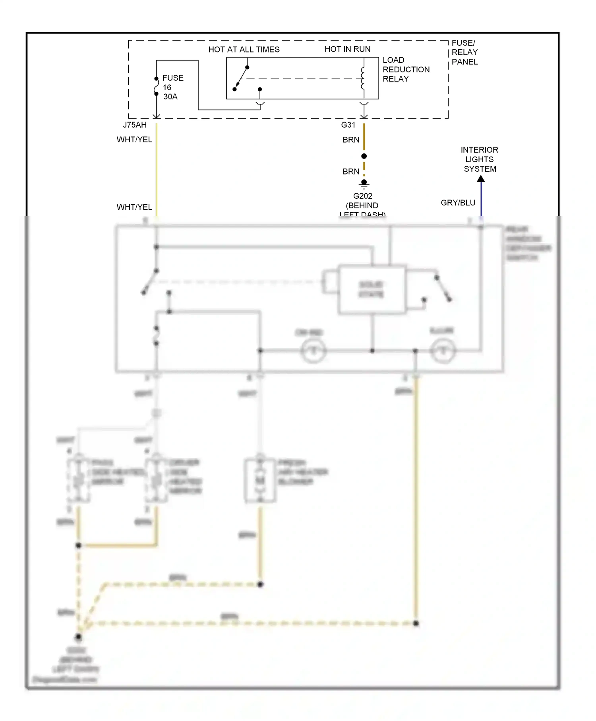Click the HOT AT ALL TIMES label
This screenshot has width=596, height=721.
coord(244,49)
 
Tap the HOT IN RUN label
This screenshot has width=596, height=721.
coord(347,49)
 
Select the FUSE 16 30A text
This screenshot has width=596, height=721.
coord(172,87)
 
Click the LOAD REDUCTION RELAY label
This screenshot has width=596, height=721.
coord(405,70)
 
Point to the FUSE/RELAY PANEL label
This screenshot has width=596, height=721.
coord(464,52)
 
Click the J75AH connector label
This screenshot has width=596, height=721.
coord(135,125)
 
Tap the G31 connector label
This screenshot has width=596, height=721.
coord(348,125)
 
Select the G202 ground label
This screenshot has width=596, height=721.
coord(362,196)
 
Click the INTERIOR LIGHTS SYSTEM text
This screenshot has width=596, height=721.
coord(479,159)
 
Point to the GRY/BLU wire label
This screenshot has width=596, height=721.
coord(458,203)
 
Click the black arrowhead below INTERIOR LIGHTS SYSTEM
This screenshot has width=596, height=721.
coord(481,179)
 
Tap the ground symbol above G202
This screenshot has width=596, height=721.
coord(364,184)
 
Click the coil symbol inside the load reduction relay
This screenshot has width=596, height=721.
coord(362,78)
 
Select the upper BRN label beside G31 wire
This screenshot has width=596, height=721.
coord(351,140)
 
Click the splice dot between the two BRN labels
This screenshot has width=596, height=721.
coord(364,156)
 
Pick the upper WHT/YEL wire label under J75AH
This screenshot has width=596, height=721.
coord(134,140)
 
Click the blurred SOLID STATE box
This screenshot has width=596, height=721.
coord(372,289)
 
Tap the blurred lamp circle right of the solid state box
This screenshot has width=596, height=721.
coord(442,351)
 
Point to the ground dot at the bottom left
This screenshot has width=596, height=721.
coord(78,637)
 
